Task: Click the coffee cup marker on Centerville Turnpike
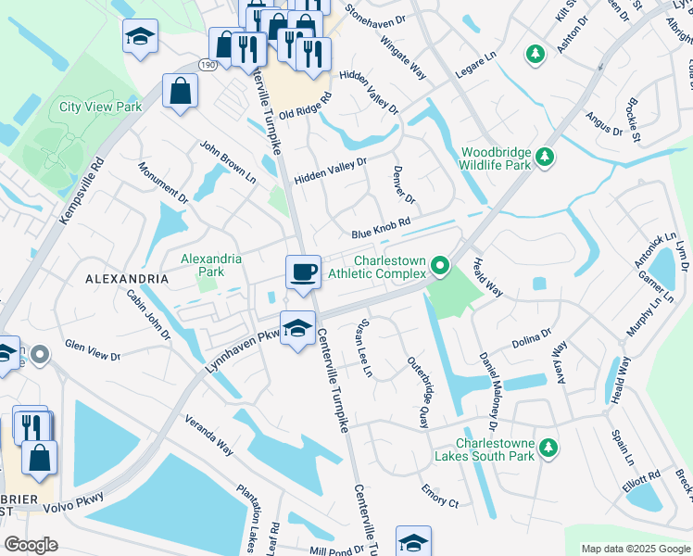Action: [303, 272]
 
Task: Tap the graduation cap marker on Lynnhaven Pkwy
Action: [296, 328]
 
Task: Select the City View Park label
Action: [101, 107]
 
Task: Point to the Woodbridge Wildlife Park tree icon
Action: [547, 156]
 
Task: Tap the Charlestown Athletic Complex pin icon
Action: [441, 268]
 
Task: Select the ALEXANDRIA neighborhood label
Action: [127, 278]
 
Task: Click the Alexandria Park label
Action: [211, 266]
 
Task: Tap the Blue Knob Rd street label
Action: [380, 234]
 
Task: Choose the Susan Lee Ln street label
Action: [361, 347]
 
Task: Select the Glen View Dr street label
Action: [93, 350]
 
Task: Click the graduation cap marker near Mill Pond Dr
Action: [413, 541]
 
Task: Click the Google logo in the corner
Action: [31, 545]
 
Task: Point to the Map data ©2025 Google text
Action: [636, 549]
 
